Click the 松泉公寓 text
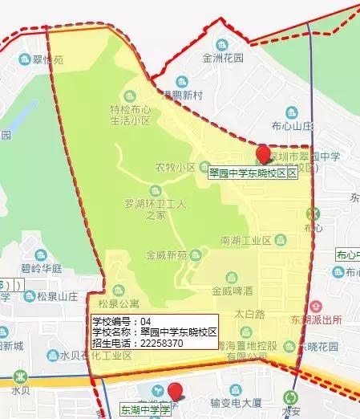coord(119,305)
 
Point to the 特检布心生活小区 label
coord(130,115)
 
